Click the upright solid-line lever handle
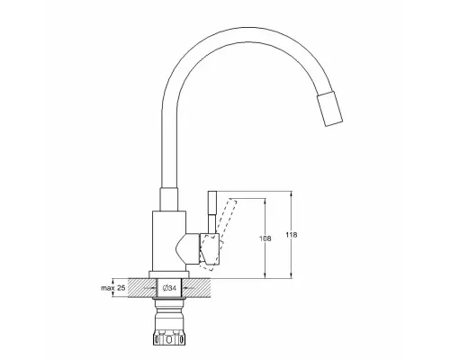212,212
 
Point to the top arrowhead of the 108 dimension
265,201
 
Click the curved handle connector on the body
191,250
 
